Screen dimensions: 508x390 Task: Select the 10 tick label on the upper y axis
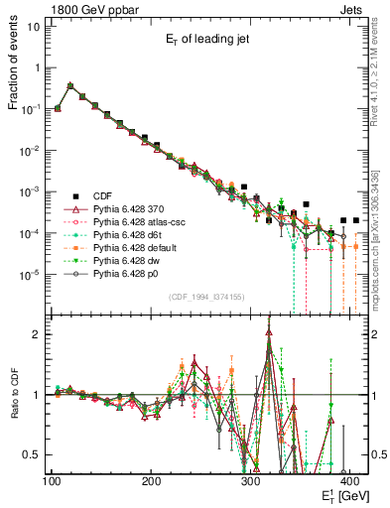coord(34,27)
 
